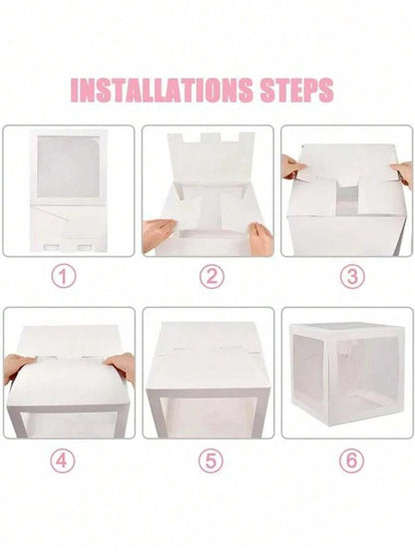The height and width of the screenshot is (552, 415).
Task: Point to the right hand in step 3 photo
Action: point(402,171)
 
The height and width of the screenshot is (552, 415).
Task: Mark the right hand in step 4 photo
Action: point(120,365)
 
